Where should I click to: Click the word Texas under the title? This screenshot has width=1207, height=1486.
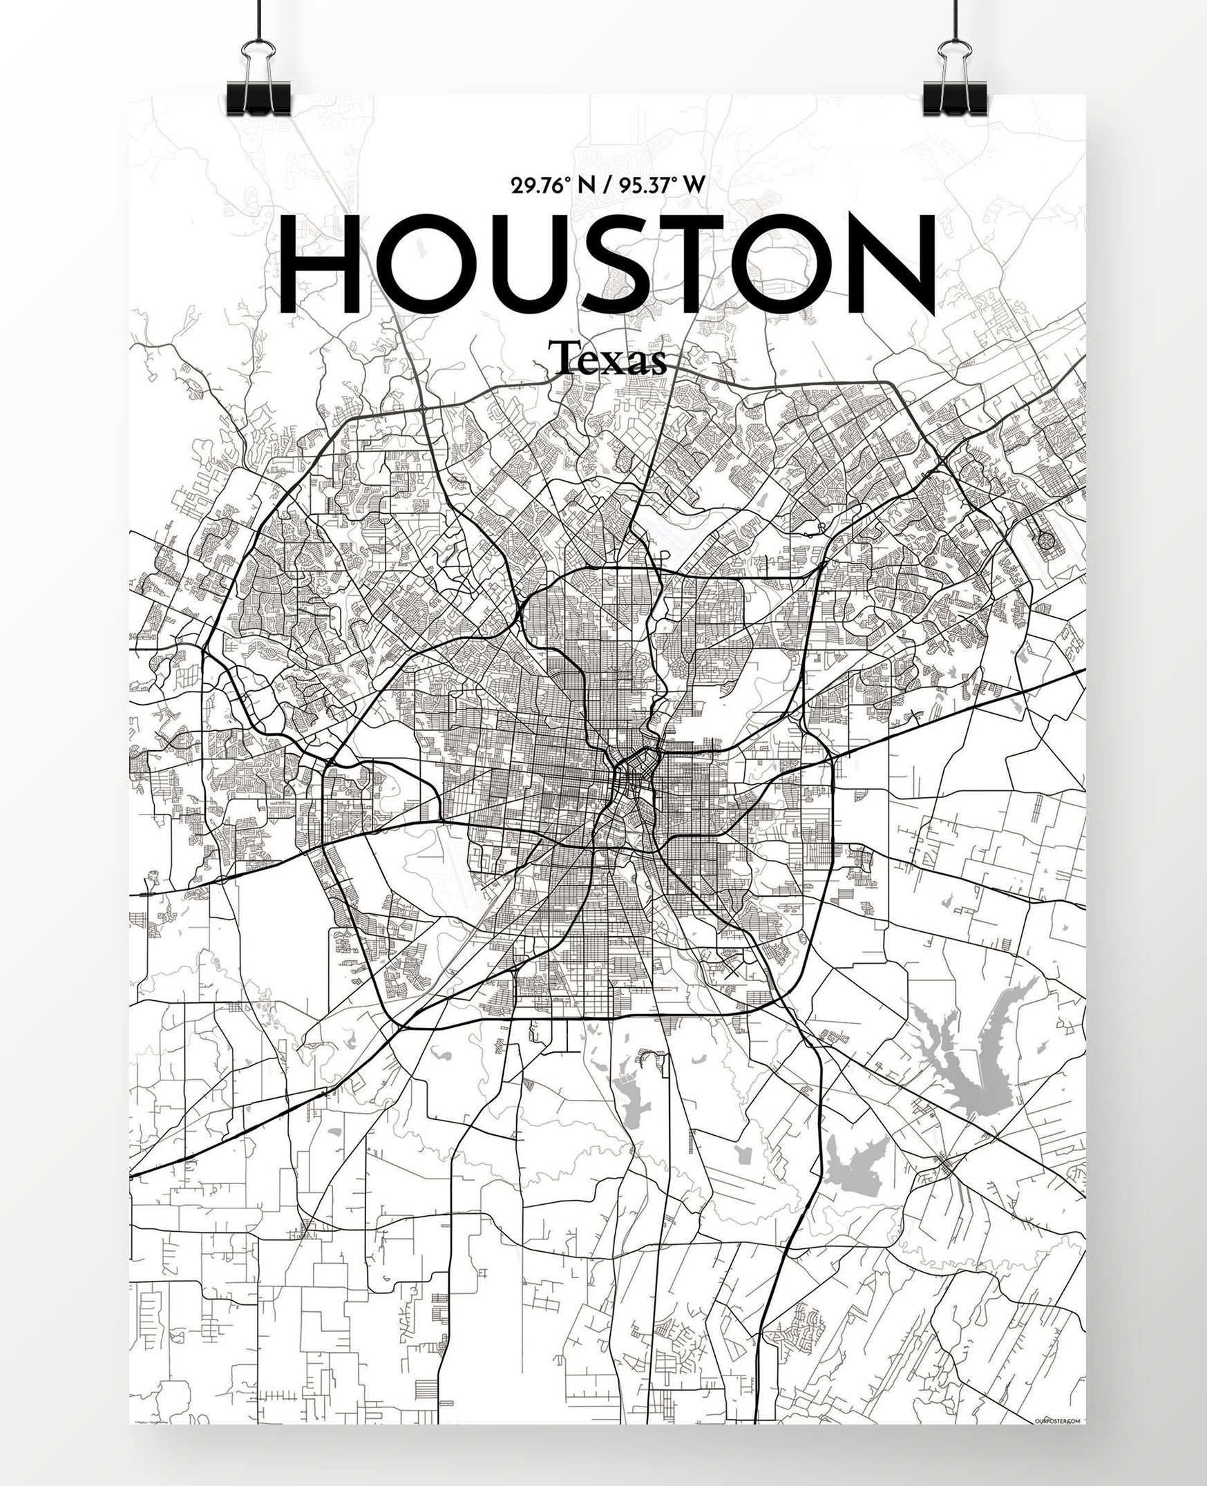click(x=608, y=360)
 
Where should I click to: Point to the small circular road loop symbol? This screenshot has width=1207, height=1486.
click(x=1045, y=539)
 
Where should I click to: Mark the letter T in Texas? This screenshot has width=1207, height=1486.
click(x=560, y=359)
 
